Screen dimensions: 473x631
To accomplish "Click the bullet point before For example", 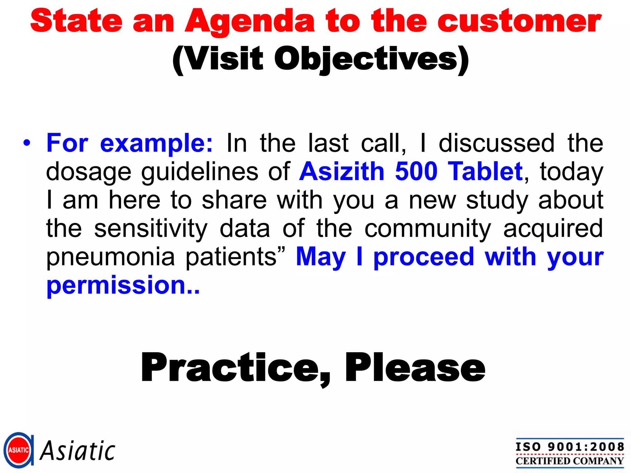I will point(27,143).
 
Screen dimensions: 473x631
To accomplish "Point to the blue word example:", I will point(156,144).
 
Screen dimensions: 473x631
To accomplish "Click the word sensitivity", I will point(151,228).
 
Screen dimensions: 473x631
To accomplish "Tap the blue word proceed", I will point(424,257).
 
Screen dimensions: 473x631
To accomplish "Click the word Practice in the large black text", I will point(230,368).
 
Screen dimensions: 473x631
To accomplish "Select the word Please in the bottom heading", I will point(415,368).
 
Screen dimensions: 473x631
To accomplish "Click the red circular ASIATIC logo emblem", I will point(18,450).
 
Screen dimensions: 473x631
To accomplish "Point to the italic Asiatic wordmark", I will point(78,451).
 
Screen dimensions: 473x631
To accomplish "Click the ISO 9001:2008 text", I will point(570,447).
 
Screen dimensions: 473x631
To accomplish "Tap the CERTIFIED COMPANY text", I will point(570,461).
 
